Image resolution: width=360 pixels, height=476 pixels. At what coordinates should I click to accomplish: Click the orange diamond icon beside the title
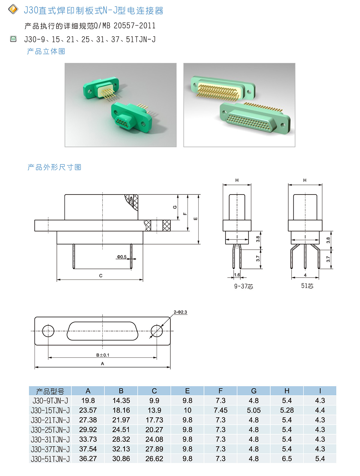coord(13,9)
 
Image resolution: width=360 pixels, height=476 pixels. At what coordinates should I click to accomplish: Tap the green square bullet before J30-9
coord(13,39)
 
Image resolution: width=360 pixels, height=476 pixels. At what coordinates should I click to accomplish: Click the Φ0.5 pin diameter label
coord(121,257)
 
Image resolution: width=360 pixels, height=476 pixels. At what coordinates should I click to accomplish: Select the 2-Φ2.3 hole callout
coord(180,312)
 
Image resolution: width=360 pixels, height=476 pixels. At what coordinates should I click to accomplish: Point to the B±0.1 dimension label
coord(103,355)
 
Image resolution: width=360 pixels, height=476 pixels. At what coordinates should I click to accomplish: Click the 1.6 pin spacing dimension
coord(237,275)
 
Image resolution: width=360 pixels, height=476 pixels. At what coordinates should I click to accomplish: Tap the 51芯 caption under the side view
coord(307,286)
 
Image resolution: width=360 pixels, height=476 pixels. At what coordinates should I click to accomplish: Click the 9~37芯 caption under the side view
coord(244,286)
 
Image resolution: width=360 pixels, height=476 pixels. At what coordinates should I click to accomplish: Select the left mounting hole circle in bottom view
coord(48,331)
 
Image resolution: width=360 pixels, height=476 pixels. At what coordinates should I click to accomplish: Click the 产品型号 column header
coord(50,391)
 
